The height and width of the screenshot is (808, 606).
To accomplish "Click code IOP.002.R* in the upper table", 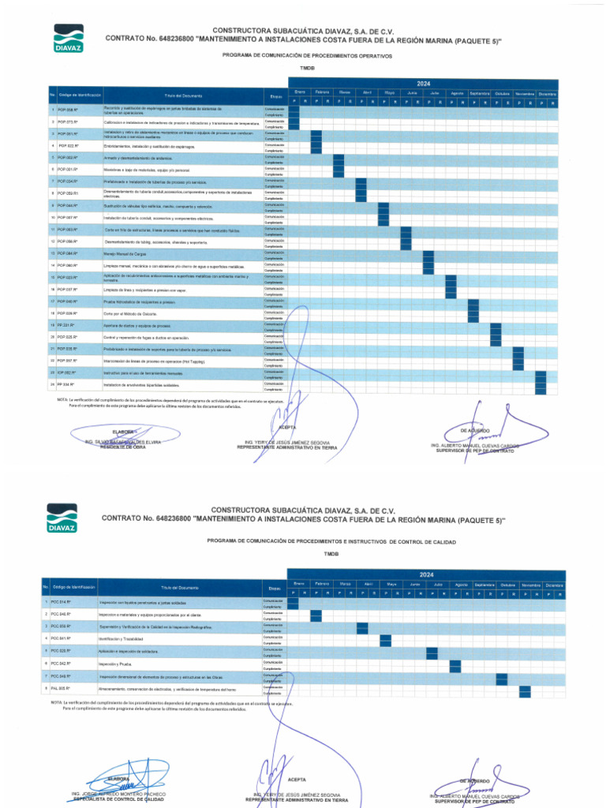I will pos(66,372).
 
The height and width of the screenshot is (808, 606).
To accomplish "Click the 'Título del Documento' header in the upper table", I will pos(181,95).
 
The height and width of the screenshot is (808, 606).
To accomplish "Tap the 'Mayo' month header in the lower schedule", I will pos(391,584).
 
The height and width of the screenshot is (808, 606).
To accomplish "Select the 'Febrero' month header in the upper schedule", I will pos(322,92).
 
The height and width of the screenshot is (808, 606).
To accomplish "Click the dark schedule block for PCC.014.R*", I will pos(293,604).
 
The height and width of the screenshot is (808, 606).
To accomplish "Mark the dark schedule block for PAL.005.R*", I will pos(525,690).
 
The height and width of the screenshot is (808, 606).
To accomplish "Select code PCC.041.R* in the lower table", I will pos(61,638).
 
